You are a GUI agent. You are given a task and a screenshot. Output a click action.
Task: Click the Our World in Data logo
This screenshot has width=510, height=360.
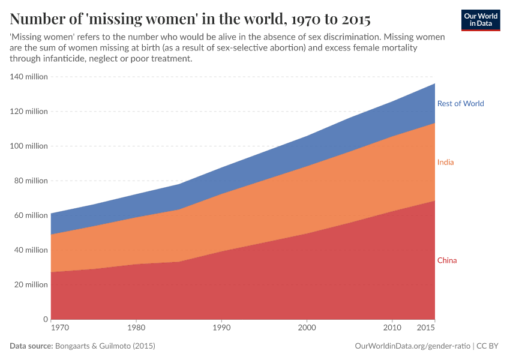pyautogui.click(x=480, y=20)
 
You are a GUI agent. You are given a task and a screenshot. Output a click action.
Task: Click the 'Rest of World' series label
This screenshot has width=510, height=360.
pyautogui.click(x=460, y=103)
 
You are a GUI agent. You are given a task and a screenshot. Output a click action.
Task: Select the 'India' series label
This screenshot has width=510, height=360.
pyautogui.click(x=445, y=162)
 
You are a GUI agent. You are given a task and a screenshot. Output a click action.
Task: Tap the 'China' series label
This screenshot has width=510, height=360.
pyautogui.click(x=447, y=260)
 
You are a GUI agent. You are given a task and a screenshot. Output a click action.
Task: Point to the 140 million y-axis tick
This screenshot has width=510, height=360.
pyautogui.click(x=28, y=77)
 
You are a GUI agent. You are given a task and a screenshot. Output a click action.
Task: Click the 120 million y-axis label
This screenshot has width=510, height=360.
pyautogui.click(x=28, y=112)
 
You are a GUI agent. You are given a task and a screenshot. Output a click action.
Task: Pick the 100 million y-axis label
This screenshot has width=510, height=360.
pyautogui.click(x=28, y=146)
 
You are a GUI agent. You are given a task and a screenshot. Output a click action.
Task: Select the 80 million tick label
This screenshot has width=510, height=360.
pyautogui.click(x=30, y=181)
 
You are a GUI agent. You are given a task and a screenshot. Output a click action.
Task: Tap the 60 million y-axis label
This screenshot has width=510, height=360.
pyautogui.click(x=30, y=215)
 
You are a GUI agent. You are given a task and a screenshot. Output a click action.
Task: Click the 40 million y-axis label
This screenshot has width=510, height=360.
pyautogui.click(x=30, y=250)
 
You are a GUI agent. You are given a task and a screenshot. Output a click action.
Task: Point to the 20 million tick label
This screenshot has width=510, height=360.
pyautogui.click(x=30, y=284)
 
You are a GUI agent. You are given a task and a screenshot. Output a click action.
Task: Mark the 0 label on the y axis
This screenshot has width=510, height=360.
pyautogui.click(x=45, y=319)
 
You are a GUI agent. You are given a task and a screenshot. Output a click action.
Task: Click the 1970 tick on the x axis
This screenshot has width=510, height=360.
pyautogui.click(x=60, y=328)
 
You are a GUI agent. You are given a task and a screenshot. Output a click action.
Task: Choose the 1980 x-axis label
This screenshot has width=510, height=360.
pyautogui.click(x=137, y=328)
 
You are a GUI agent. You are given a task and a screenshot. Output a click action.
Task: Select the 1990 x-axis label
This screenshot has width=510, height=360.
pyautogui.click(x=222, y=328)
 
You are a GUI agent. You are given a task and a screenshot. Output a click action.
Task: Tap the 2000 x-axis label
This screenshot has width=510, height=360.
pyautogui.click(x=307, y=328)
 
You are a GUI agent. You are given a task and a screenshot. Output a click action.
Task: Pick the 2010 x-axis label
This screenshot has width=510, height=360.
pyautogui.click(x=392, y=328)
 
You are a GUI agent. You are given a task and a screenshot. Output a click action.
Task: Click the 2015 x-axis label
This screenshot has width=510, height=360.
pyautogui.click(x=425, y=328)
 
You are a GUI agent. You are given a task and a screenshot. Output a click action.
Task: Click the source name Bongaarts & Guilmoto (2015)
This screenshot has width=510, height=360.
pyautogui.click(x=105, y=346)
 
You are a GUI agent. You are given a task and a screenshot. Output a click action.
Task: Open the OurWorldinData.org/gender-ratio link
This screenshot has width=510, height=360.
pyautogui.click(x=412, y=346)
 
